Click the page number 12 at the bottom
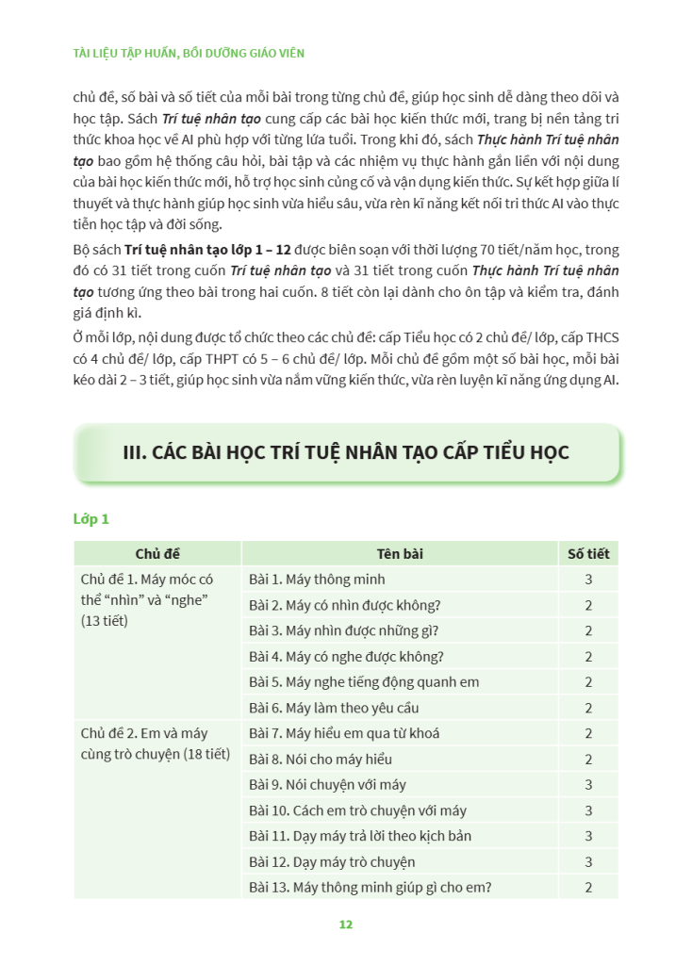[345, 924]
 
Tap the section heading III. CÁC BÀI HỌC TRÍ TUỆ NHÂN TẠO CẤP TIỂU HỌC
[346, 452]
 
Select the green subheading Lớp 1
[91, 518]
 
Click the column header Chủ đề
[157, 554]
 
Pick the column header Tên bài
[400, 554]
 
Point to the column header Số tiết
[588, 554]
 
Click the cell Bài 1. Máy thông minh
[317, 580]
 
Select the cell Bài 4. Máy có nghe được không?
[346, 657]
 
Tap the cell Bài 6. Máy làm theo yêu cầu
[334, 708]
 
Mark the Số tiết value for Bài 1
[588, 580]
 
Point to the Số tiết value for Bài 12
[588, 861]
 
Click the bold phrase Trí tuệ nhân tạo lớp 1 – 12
[207, 251]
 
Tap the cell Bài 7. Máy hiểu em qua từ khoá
[344, 733]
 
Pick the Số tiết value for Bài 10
[588, 810]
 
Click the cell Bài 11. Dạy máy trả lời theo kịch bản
[360, 836]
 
